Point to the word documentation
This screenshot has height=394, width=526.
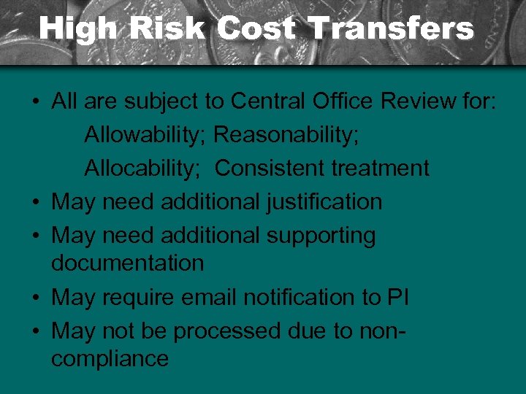(127, 263)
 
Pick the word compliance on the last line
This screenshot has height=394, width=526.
(110, 358)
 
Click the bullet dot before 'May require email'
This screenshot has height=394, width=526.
(37, 298)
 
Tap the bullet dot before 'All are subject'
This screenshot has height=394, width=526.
(37, 102)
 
